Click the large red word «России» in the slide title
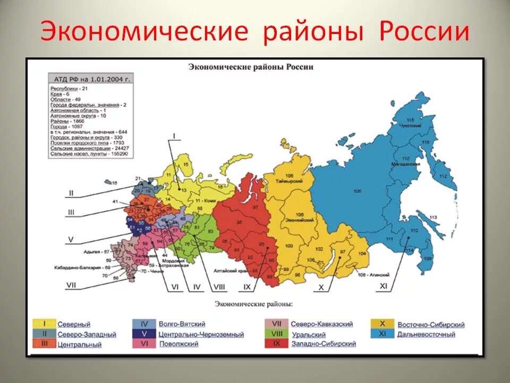(424, 32)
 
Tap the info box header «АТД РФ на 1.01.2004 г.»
(90, 79)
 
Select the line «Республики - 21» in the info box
(69, 87)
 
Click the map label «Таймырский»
(289, 181)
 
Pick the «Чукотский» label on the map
(411, 126)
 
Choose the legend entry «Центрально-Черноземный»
(201, 335)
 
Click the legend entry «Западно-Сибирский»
(324, 344)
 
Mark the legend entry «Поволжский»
(178, 344)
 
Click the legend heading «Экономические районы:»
(253, 304)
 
